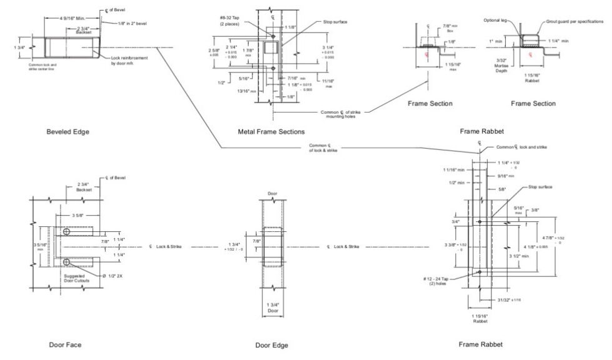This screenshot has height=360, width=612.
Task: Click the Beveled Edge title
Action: click(67, 131)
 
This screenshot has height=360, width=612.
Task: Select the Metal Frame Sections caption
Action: click(271, 131)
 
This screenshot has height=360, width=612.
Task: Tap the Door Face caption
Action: click(65, 344)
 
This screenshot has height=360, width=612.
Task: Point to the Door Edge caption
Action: click(272, 345)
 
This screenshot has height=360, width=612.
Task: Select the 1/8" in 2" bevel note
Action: click(134, 23)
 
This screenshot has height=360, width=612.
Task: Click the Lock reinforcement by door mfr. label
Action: click(131, 60)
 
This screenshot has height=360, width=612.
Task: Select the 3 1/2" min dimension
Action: click(520, 256)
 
